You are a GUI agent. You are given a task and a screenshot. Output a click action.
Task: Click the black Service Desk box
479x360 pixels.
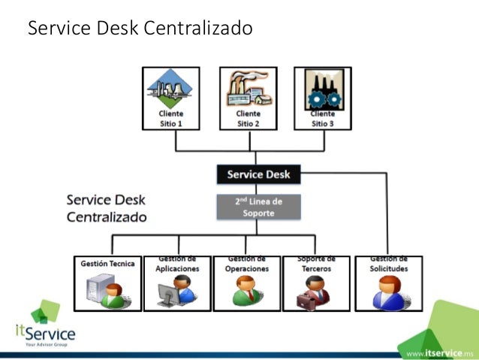pos(255,175)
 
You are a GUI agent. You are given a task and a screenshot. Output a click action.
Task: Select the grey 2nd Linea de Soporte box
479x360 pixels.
pos(258,207)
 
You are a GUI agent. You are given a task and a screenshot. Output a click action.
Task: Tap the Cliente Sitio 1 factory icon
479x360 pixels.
pos(170,89)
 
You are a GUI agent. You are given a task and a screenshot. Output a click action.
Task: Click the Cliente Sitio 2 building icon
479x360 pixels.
pos(248,89)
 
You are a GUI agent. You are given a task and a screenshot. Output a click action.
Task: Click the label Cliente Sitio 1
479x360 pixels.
pos(170,119)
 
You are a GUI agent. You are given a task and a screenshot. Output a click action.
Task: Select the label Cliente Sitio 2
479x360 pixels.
pos(248,119)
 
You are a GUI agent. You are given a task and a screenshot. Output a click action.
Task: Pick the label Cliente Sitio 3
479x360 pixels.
pos(322,119)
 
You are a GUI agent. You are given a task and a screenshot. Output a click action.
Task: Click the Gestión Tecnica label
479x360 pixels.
pos(108,264)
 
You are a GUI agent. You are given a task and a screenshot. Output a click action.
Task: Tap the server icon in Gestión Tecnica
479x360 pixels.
pos(103,290)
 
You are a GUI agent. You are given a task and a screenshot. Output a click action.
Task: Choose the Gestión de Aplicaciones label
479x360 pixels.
pos(177,264)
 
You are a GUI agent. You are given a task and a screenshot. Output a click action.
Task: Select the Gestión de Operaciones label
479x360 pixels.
pos(246,264)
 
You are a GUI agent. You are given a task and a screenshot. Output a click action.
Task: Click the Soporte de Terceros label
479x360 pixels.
pos(316,264)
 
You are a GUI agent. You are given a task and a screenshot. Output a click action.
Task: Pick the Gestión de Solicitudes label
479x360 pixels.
pos(388,264)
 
